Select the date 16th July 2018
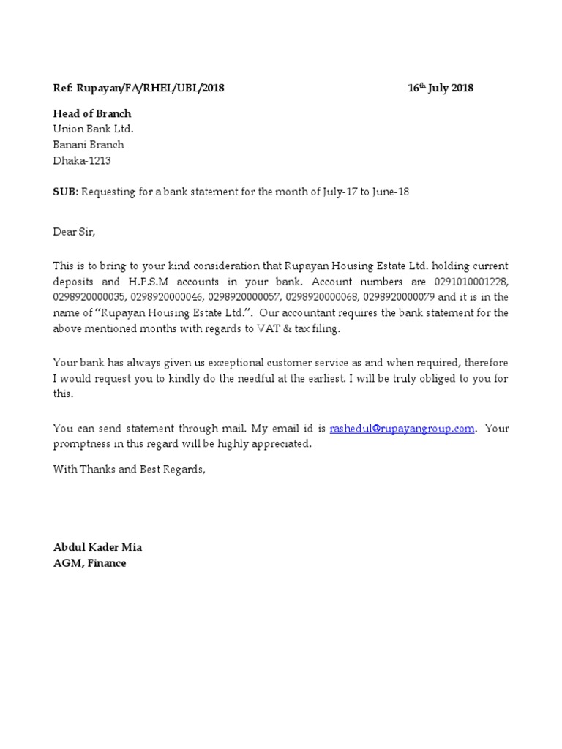tap(441, 89)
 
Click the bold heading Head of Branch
tap(92, 113)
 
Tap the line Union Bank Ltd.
tap(93, 129)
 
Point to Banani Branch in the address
tap(89, 145)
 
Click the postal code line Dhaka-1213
tap(82, 160)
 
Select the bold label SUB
tap(64, 192)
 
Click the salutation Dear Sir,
tap(74, 232)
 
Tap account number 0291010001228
tap(471, 281)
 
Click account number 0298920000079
tap(400, 297)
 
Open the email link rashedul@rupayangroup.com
tap(402, 429)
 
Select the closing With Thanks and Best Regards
tap(130, 470)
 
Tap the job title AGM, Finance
tap(89, 563)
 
